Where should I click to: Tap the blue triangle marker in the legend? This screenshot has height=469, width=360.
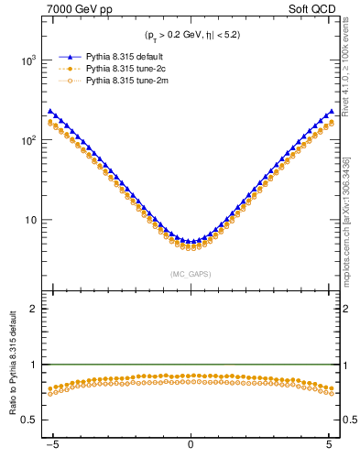[x=69, y=56]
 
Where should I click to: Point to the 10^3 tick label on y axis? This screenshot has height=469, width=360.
[x=30, y=60]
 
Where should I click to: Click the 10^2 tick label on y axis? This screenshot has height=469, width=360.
[x=30, y=140]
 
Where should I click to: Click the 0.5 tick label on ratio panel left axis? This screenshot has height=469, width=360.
[x=32, y=420]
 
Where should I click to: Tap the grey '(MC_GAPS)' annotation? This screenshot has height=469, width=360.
[x=191, y=273]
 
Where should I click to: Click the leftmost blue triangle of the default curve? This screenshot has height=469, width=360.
[x=50, y=111]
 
